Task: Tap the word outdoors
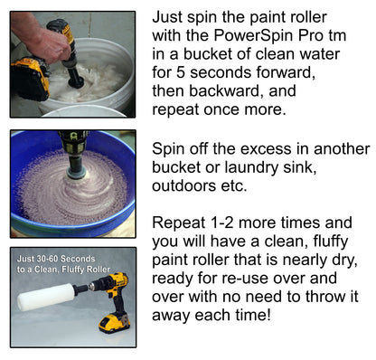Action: [190, 188]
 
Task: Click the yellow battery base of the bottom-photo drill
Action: [114, 320]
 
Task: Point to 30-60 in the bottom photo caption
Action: [49, 259]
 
